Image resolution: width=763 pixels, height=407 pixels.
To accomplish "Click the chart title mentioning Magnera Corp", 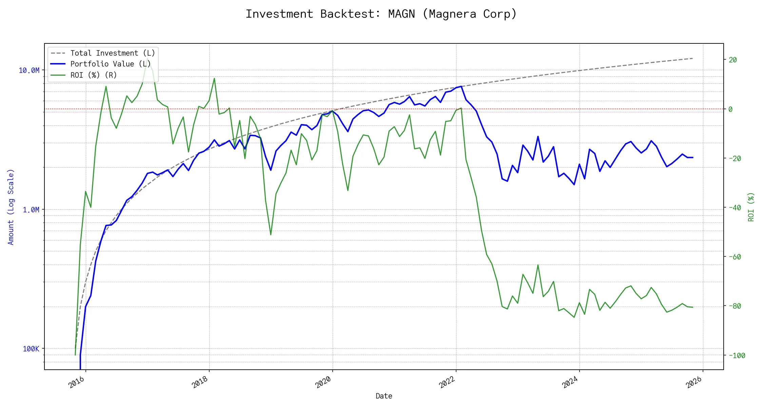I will click(x=381, y=14).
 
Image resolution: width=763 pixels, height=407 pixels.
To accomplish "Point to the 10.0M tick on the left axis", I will click(x=29, y=70).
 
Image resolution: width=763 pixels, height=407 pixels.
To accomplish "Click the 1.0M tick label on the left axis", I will click(x=31, y=210).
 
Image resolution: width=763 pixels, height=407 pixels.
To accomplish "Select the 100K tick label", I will click(x=31, y=349).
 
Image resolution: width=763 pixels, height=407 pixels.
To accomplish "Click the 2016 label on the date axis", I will click(x=76, y=383).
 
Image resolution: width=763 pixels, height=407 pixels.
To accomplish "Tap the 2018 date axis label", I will click(x=200, y=383).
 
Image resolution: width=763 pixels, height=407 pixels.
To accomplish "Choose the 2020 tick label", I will click(x=323, y=383).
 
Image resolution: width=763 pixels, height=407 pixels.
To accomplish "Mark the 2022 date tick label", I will click(x=447, y=383).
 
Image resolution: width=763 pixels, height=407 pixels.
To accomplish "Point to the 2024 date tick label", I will click(x=570, y=383).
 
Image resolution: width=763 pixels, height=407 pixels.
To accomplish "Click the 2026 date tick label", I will click(x=693, y=383).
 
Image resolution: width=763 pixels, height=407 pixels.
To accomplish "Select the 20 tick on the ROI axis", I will click(x=733, y=60).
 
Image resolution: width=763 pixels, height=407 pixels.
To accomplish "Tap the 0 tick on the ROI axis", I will click(x=730, y=109).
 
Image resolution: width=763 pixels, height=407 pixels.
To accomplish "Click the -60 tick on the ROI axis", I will click(x=735, y=257).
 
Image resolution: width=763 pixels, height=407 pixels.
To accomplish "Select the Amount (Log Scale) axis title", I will click(x=11, y=207).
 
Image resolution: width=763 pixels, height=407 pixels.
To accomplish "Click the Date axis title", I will click(x=384, y=396).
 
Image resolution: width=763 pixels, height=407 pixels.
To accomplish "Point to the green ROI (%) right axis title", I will click(x=751, y=207).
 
